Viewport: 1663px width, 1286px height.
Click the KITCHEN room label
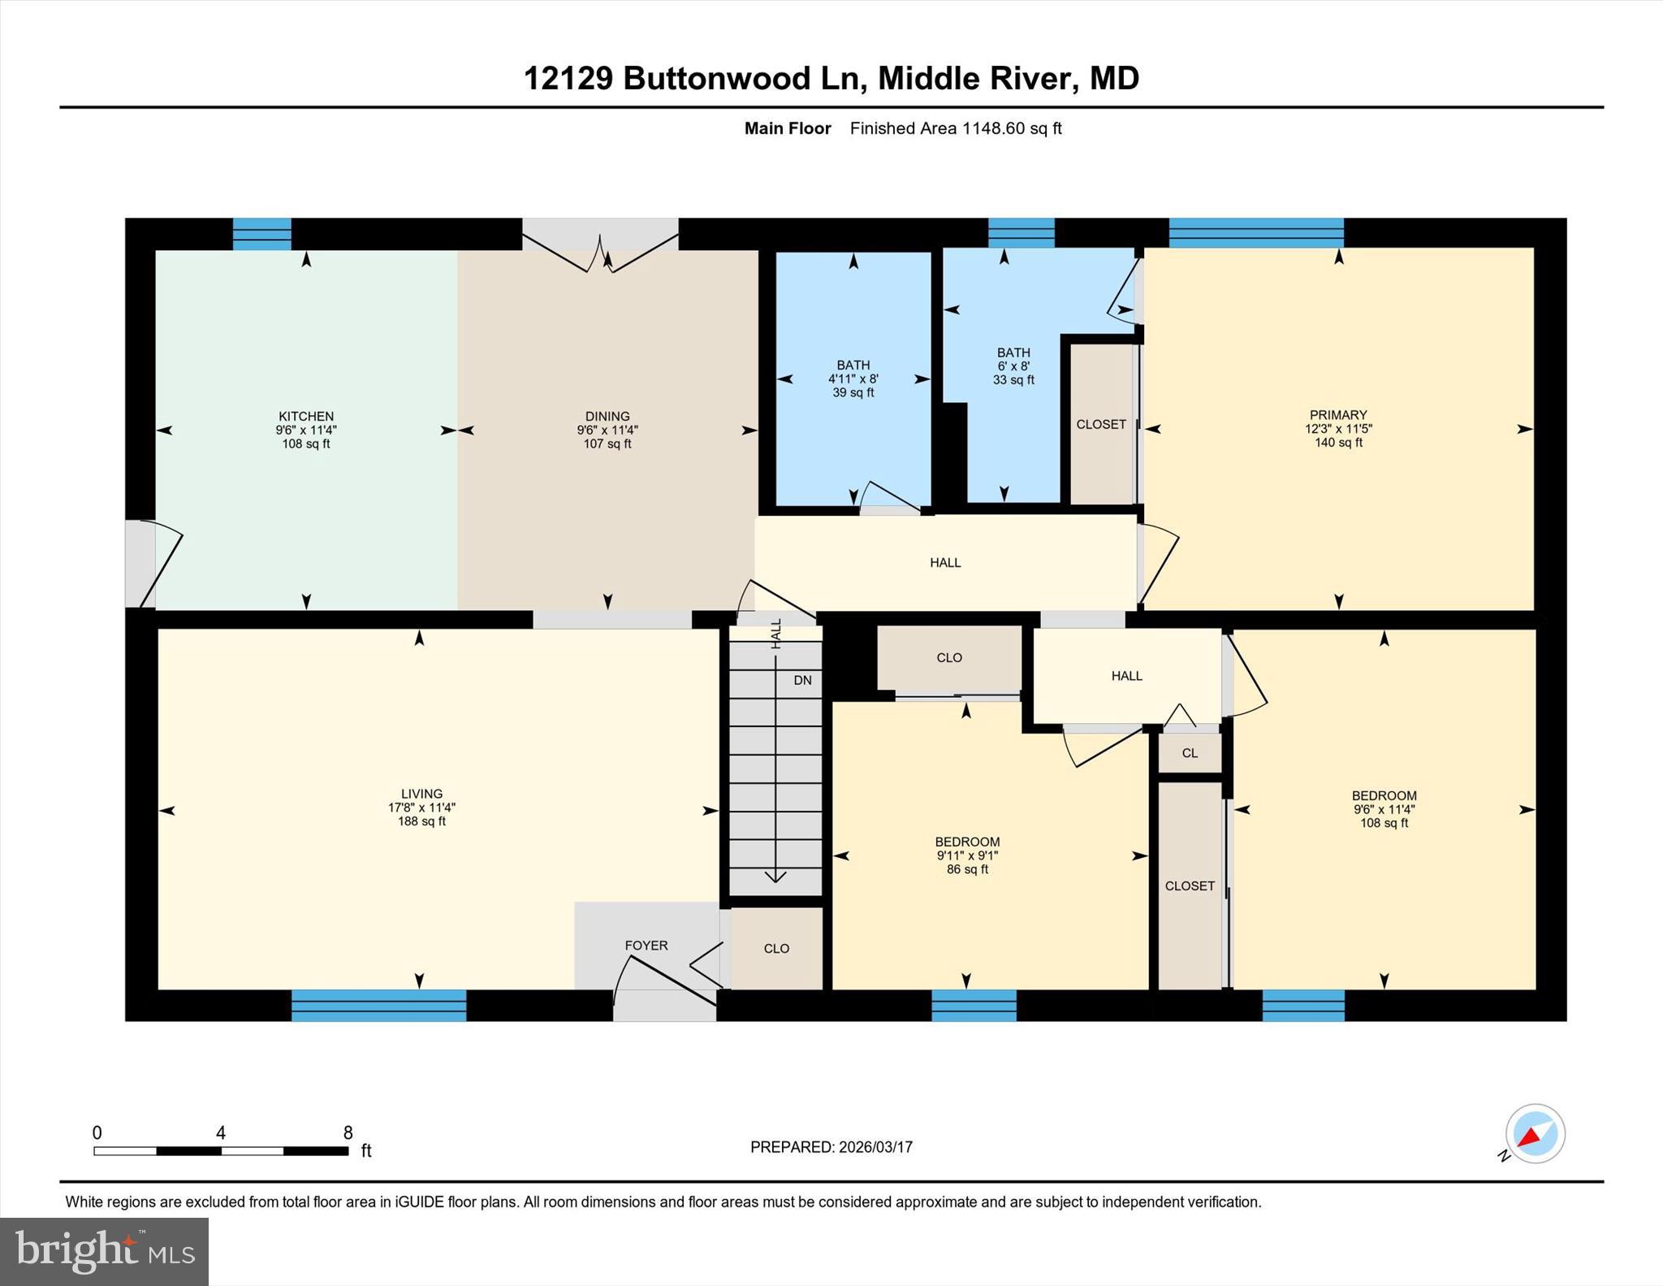pos(306,416)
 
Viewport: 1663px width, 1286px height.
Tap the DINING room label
pos(607,416)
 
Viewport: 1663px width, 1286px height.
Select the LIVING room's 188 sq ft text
pos(421,821)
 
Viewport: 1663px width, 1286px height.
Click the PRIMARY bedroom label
pos(1338,414)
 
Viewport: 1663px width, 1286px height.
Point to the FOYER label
pos(646,945)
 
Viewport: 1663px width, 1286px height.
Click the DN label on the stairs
pos(802,680)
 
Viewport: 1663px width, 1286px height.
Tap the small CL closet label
pos(1190,753)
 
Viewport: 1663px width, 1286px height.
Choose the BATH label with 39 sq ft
pos(853,366)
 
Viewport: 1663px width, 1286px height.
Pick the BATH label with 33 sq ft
pos(1013,353)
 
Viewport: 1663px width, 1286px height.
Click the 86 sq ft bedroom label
pos(967,869)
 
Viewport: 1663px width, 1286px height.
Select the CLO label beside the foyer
pos(776,948)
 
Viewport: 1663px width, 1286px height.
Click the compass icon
pos(1535,1133)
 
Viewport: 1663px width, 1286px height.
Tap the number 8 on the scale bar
pos(348,1132)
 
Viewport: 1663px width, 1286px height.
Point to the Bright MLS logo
pos(104,1251)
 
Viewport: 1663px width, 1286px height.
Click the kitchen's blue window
pos(262,234)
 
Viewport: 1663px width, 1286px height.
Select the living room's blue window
pos(378,1005)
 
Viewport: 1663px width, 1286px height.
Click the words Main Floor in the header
pos(788,128)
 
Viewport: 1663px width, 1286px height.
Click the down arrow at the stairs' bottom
pos(775,875)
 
